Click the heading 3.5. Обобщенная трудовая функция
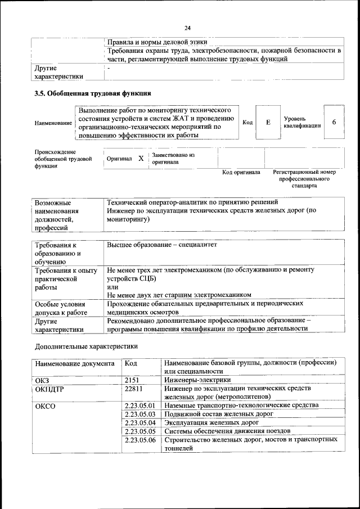[93, 93]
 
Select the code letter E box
[268, 122]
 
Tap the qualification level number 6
[334, 122]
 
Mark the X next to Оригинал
[141, 159]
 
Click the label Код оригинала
[241, 172]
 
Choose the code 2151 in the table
[132, 380]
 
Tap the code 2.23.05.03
[139, 414]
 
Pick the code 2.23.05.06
[139, 439]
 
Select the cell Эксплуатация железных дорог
[211, 422]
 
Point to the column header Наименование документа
[75, 364]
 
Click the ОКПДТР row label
[49, 389]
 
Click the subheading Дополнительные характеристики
[86, 346]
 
